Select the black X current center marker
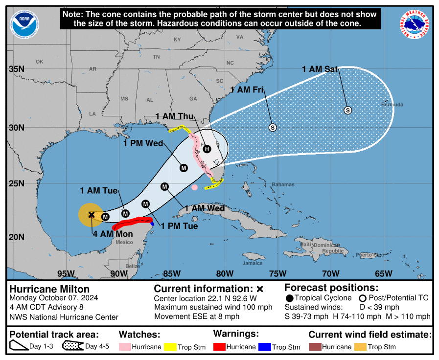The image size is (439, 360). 92,214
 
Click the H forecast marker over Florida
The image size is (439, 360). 207,149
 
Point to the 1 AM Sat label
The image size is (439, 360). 320,69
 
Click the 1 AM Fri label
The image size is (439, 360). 247,90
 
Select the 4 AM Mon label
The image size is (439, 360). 113,234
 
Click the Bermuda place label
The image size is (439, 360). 393,105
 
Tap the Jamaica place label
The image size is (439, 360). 253,263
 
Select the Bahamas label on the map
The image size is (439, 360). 283,184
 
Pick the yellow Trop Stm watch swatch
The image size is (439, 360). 170,347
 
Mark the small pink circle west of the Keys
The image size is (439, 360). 195,187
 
